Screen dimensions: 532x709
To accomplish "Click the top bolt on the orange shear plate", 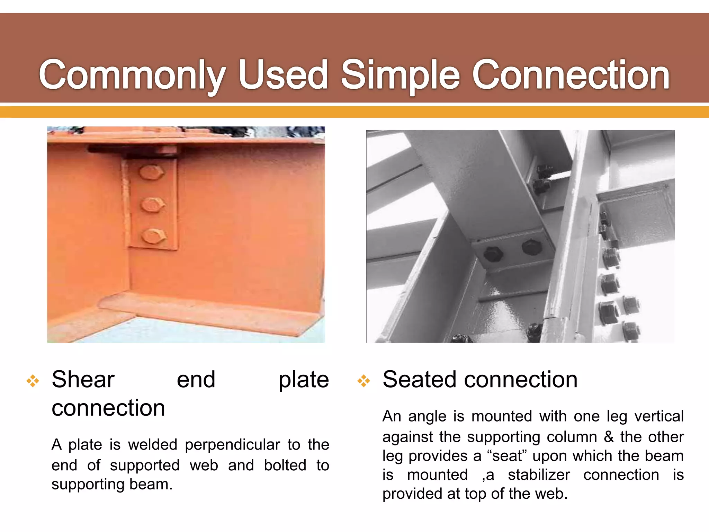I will coord(151,172).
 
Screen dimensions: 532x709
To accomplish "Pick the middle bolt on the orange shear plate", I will coord(152,204).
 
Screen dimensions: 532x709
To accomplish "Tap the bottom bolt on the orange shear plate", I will coord(153,236).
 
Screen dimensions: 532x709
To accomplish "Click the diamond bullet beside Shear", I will coord(33,381).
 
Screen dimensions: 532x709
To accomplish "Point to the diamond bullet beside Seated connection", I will coord(364,381).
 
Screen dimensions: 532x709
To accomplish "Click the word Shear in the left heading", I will coord(83,380).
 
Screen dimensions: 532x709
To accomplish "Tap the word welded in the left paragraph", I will coord(152,444).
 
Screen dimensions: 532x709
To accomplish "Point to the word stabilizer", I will coord(539,475).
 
